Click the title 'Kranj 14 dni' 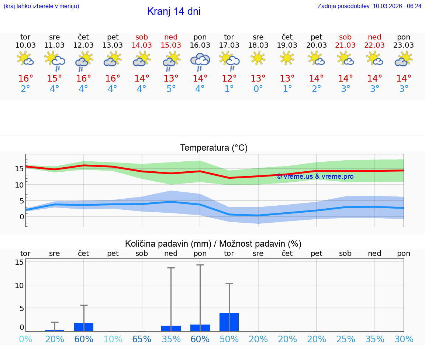tap(174, 11)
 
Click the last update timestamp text tap(369, 6)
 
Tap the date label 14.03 tap(142, 45)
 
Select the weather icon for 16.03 tap(200, 61)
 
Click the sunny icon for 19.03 tap(287, 58)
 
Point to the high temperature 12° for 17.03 tap(229, 79)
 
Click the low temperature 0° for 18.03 tap(258, 89)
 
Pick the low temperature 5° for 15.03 tap(171, 89)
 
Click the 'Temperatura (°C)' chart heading tap(214, 148)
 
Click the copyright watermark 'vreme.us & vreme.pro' tap(315, 176)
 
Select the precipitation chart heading tap(213, 244)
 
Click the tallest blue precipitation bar tap(229, 322)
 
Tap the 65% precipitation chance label tap(142, 339)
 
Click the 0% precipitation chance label tap(25, 339)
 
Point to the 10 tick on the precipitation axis tap(20, 285)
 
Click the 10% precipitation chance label tap(113, 339)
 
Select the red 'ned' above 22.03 tap(374, 37)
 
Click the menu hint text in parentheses tap(41, 6)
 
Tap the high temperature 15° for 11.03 tap(55, 79)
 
